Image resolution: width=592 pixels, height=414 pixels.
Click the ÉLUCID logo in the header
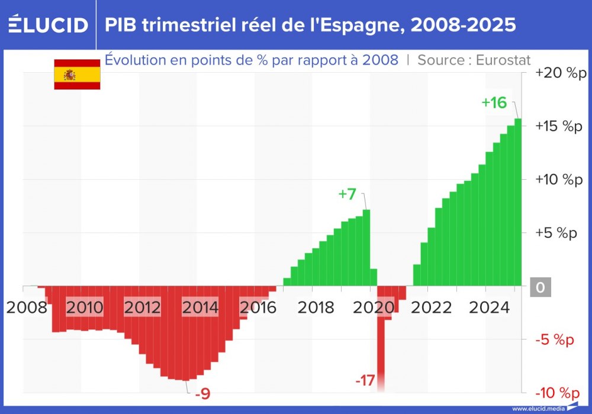(48, 25)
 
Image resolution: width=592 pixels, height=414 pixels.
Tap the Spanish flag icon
(77, 75)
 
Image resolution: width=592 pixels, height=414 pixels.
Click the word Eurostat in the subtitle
(503, 60)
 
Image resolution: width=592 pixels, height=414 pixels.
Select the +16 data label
(494, 102)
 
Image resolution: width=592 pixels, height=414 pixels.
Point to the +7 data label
(348, 194)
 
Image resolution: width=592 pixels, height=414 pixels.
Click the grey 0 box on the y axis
(540, 287)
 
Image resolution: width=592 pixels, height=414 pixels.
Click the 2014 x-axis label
(200, 308)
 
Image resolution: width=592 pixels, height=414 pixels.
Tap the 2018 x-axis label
(316, 308)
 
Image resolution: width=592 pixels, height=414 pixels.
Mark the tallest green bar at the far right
(518, 201)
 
